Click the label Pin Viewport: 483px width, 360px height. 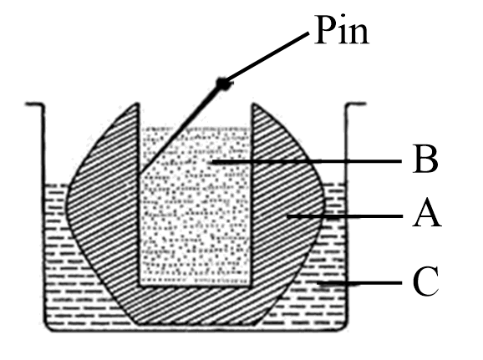click(x=342, y=31)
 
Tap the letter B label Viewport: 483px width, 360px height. click(x=425, y=160)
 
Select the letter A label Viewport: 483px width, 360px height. click(x=427, y=213)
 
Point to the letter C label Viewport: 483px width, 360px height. click(x=425, y=281)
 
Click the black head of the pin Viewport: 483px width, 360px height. click(x=223, y=84)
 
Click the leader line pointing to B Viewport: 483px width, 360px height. click(x=307, y=161)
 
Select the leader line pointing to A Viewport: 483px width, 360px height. click(x=344, y=216)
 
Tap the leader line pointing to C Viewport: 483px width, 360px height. click(x=359, y=282)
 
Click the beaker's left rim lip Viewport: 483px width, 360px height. click(x=34, y=104)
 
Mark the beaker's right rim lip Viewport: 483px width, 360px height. click(x=356, y=104)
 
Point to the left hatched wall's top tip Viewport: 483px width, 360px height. click(x=136, y=104)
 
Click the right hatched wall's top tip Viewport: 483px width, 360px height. click(x=253, y=104)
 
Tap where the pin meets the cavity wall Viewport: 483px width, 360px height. click(x=140, y=172)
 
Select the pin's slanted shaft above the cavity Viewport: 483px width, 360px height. click(x=180, y=128)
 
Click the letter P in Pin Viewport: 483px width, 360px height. click(x=325, y=30)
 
